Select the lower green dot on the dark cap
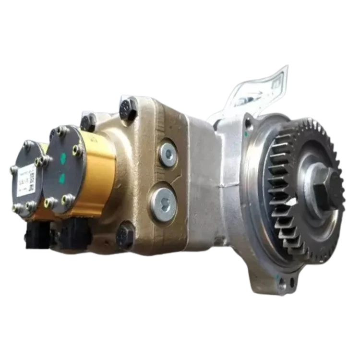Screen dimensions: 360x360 click(61, 178)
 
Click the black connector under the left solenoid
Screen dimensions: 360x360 click(36, 235)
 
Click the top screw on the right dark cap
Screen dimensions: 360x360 click(59, 130)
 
